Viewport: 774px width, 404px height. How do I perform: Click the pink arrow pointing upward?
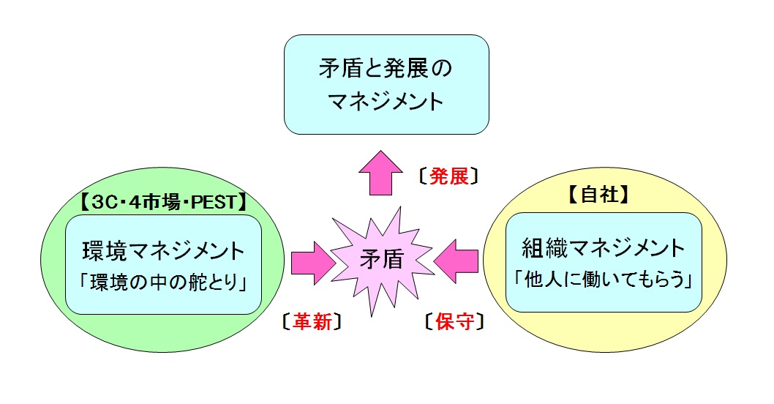click(380, 173)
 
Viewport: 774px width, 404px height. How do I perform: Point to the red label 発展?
click(448, 176)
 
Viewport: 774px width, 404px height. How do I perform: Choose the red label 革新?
click(312, 321)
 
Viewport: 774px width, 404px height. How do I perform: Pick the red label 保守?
click(454, 321)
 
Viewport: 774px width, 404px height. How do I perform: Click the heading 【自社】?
click(598, 195)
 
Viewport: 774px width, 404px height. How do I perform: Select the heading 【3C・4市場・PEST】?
click(163, 202)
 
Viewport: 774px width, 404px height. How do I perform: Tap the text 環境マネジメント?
click(163, 251)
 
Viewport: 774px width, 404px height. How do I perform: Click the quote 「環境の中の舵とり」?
click(163, 283)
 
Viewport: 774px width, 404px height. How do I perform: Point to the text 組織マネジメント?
click(604, 248)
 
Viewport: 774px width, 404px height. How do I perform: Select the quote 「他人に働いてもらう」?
click(604, 280)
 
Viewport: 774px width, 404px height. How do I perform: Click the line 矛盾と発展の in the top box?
click(386, 68)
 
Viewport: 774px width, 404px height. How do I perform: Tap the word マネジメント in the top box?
click(386, 101)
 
